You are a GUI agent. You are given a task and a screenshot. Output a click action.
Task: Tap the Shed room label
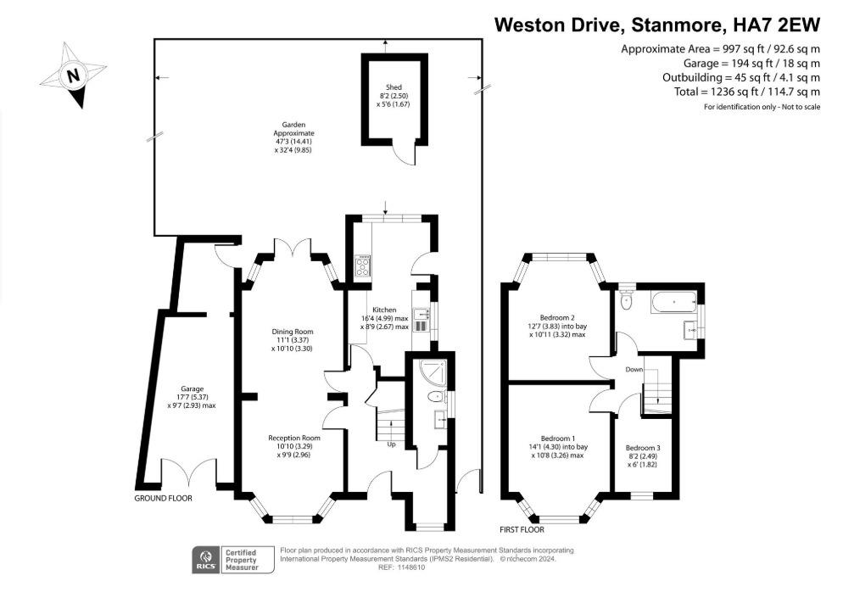tap(393, 87)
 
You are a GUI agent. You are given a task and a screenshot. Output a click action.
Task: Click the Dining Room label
tap(292, 331)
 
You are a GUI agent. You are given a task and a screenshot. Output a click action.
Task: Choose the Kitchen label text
tap(384, 310)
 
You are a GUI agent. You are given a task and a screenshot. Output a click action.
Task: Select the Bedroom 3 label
tap(642, 448)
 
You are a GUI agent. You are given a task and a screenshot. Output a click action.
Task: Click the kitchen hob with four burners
tap(362, 266)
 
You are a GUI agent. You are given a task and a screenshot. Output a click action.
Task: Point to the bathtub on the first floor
tap(672, 299)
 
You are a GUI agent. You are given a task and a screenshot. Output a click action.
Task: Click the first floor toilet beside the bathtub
tap(626, 299)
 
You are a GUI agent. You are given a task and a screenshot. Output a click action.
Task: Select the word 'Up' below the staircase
tap(391, 444)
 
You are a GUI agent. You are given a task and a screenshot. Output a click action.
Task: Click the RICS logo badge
tap(204, 560)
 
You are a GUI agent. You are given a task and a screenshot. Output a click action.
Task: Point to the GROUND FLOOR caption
tap(163, 499)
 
